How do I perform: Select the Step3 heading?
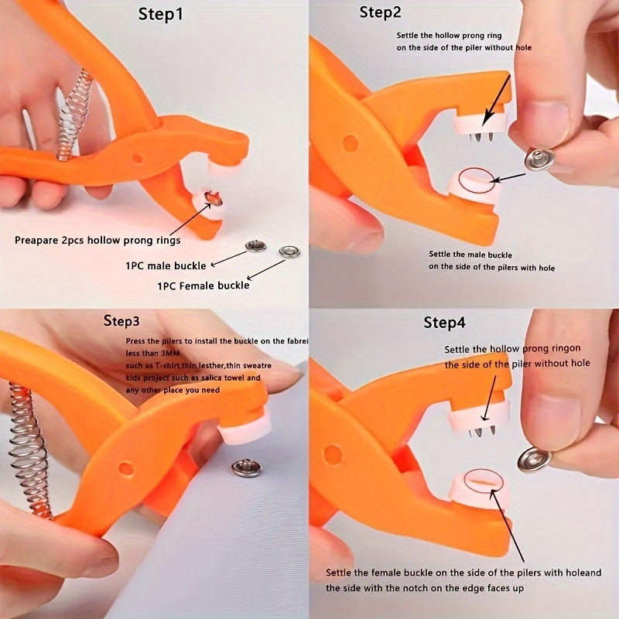[x=121, y=321]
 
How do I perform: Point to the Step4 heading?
[x=444, y=323]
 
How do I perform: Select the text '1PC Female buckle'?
[x=203, y=286]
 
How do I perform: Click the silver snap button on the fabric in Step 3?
[x=247, y=467]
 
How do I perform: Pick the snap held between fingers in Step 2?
[x=539, y=159]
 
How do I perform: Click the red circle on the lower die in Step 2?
[x=476, y=180]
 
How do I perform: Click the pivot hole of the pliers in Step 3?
[x=125, y=469]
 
